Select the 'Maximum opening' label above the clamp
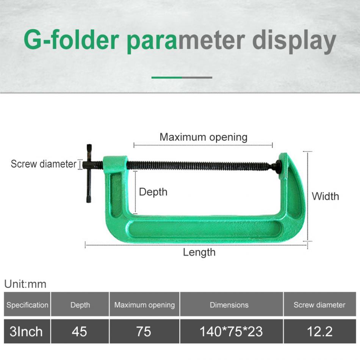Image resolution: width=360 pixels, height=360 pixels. pos(203,137)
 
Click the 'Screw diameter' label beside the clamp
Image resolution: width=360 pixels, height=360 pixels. pos(44,164)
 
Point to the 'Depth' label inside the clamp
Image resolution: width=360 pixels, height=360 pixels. pos(153,192)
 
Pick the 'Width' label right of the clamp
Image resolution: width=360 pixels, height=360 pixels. pos(325,196)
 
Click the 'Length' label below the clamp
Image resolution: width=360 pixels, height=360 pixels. pos(199,252)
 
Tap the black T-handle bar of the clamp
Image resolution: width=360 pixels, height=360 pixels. pos(89,173)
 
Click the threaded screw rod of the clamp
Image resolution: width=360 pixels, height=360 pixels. pos(201,166)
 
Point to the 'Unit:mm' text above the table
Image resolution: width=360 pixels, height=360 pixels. pos(25,284)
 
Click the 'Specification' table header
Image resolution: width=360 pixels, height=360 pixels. pos(27,305)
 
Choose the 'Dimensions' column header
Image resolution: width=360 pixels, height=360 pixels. pos(229,305)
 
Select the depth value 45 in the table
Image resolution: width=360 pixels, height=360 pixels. pos(80,332)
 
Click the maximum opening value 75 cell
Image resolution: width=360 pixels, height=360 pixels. pos(144,332)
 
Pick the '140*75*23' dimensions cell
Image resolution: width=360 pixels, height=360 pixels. pos(231,332)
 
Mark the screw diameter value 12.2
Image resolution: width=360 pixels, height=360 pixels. pos(320,332)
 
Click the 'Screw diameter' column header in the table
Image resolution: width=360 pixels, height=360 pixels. pos(319,305)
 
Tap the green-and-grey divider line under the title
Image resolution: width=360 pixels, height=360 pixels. pos(182,77)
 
